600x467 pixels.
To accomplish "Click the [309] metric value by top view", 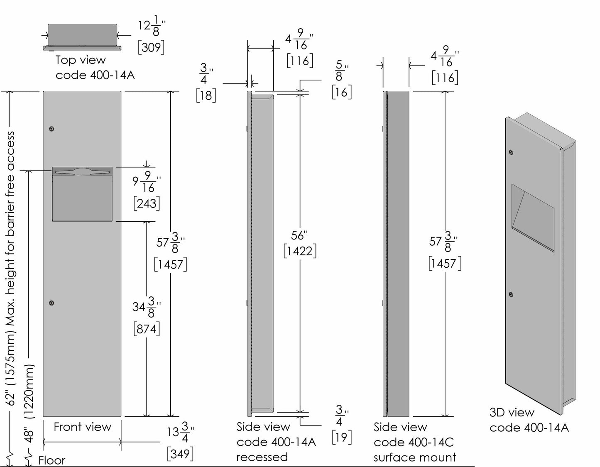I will tap(151, 47).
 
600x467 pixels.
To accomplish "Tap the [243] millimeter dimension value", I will tap(147, 203).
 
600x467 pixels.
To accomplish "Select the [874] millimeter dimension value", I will tap(147, 329).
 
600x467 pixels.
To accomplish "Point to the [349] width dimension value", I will tap(180, 454).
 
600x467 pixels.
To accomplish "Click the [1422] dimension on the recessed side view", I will tap(300, 251).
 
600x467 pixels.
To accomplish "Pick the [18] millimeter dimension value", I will tap(206, 95).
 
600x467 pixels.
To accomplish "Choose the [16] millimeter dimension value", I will tap(342, 92).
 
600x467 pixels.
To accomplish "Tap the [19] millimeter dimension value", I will tap(342, 437).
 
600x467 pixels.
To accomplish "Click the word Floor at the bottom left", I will tap(52, 460).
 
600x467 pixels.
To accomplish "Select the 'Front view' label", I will tap(82, 427).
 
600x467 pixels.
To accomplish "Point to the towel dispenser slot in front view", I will tap(82, 171).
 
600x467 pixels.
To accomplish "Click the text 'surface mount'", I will tap(414, 457).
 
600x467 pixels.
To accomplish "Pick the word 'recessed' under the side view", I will tap(262, 457).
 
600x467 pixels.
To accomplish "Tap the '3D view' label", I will tap(512, 413).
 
